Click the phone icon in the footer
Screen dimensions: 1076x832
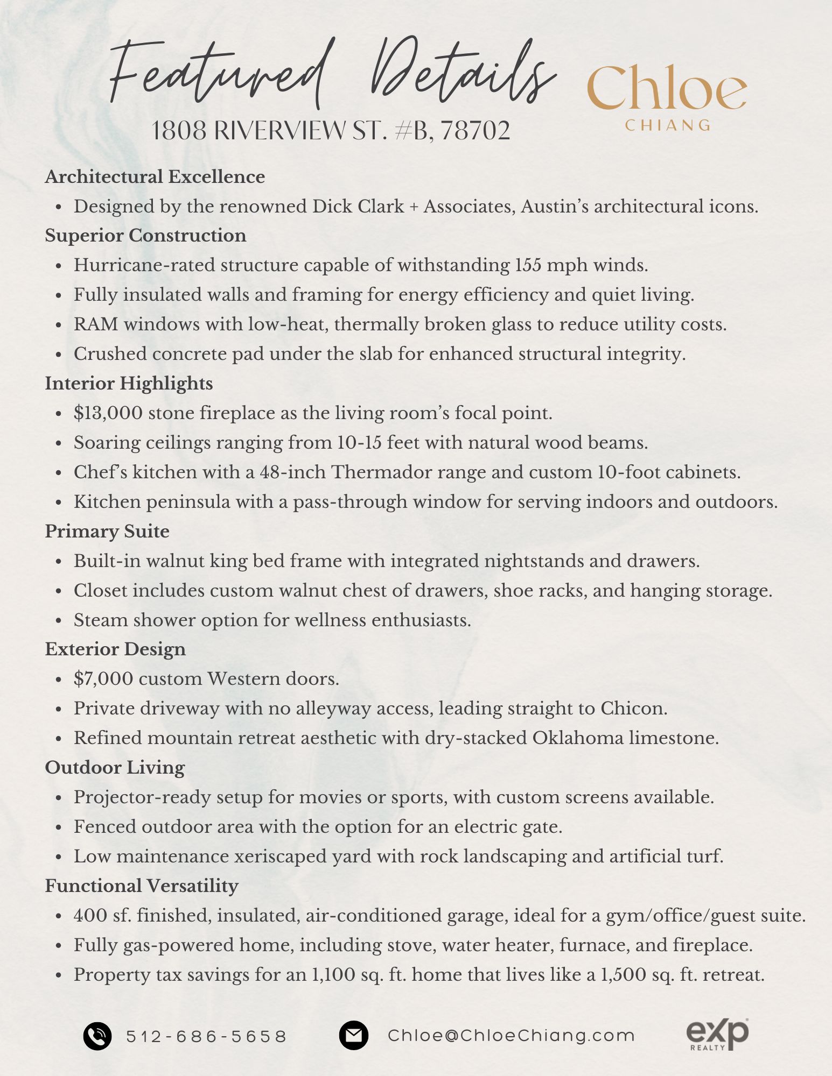[x=97, y=1036]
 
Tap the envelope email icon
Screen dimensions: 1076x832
[x=353, y=1035]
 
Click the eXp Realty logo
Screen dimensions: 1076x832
[x=717, y=1033]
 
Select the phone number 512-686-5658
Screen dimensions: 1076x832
[x=207, y=1036]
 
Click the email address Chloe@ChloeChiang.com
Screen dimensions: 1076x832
[x=511, y=1035]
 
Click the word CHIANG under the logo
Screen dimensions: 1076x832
[x=668, y=125]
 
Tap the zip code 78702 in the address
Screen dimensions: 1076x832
[x=476, y=131]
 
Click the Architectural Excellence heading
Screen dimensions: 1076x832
[x=155, y=177]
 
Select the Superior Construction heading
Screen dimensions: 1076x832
[x=145, y=236]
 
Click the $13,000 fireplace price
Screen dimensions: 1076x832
[x=108, y=413]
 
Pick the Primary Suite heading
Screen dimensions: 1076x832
[x=107, y=532]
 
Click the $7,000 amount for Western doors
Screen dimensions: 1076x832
[x=103, y=679]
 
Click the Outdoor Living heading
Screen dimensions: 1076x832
[x=115, y=768]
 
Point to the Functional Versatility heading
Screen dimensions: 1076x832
[x=142, y=886]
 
